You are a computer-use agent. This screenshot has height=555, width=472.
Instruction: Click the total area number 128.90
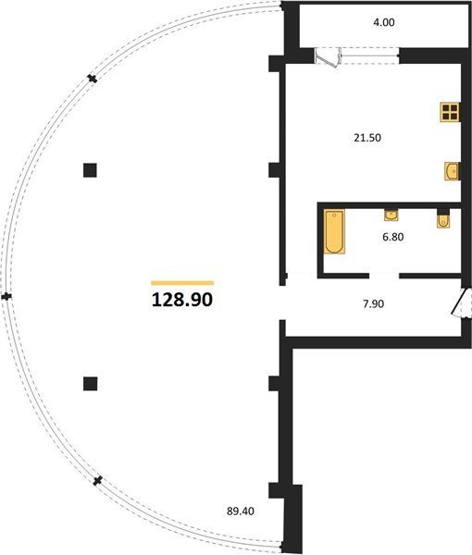182,300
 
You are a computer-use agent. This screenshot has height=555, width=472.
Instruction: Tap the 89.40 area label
241,512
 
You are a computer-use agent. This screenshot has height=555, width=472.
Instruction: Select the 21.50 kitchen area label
367,138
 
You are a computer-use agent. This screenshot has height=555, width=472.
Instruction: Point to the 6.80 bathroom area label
393,237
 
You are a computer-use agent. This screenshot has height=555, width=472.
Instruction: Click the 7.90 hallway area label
374,303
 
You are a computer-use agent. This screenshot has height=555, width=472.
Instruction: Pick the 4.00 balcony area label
384,22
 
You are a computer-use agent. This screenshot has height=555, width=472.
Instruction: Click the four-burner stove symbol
450,112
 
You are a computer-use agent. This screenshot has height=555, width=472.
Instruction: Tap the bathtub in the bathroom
334,231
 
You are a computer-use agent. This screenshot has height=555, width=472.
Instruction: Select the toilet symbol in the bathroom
443,219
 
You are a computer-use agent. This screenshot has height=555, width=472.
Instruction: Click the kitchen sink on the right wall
453,171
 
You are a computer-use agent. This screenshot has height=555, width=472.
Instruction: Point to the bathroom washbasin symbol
391,215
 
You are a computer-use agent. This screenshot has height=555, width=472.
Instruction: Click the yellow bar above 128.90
182,283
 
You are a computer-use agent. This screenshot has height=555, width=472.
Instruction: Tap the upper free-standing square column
90,170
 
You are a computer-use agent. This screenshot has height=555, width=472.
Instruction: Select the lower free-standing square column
91,384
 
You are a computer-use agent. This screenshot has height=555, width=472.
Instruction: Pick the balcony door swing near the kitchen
328,57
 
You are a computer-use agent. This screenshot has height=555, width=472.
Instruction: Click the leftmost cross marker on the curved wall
6,297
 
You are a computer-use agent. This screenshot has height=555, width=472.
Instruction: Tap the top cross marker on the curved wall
92,79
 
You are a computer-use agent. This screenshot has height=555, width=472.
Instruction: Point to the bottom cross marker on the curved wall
97,481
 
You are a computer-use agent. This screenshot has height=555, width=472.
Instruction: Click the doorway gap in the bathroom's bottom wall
384,276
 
